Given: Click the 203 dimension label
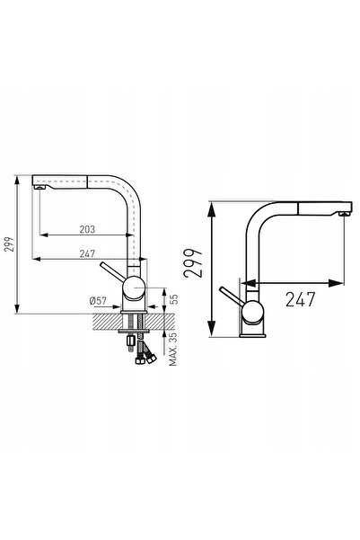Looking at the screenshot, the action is (87, 229).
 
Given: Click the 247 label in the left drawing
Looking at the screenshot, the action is (87, 253).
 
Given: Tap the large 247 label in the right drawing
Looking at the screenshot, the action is (300, 299).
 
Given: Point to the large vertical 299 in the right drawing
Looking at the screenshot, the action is (193, 262).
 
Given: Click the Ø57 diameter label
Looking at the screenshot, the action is (98, 301).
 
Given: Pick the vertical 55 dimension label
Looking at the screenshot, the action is (174, 298).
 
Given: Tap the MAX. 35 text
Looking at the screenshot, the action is (173, 349).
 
